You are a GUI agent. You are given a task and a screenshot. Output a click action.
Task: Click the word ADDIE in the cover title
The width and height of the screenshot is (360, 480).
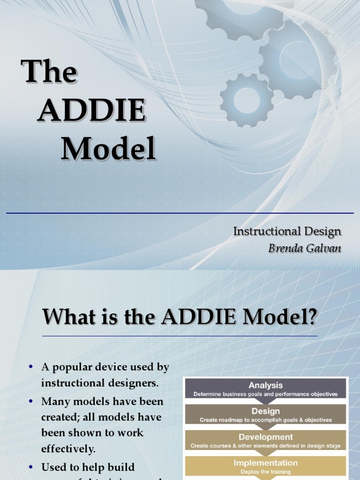pos(91,111)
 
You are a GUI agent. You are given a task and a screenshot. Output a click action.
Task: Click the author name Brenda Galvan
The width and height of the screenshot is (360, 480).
pos(305,248)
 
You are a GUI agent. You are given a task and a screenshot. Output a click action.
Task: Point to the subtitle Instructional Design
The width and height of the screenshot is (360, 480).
pos(287,231)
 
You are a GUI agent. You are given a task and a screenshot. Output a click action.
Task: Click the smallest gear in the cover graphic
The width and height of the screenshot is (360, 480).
pos(247,100)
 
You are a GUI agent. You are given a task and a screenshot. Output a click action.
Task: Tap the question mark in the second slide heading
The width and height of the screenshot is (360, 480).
pos(312,318)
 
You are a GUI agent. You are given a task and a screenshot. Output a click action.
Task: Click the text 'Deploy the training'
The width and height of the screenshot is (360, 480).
pos(265,472)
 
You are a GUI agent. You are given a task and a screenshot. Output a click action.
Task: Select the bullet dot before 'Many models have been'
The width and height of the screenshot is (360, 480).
pos(31,402)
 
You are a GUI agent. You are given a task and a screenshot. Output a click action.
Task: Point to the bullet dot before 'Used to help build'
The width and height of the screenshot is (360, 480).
pos(31,467)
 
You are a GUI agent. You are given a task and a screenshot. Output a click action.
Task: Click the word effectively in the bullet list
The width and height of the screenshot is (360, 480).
pos(68,449)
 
